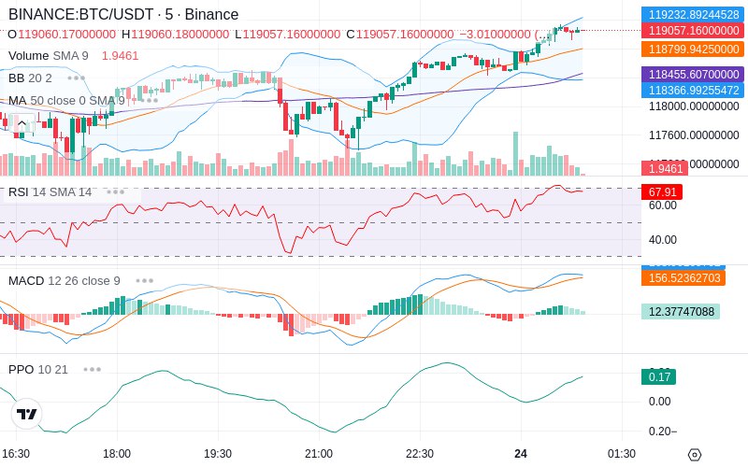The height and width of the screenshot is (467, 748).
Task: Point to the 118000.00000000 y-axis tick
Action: click(694, 106)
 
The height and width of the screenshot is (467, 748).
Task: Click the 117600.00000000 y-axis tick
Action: click(694, 135)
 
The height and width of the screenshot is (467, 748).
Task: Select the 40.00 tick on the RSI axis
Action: click(663, 239)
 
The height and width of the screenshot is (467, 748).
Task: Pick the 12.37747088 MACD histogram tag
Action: click(680, 312)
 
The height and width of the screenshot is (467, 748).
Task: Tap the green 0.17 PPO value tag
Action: click(658, 377)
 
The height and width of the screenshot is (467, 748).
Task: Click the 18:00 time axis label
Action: click(117, 454)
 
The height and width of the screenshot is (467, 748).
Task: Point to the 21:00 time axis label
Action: click(319, 454)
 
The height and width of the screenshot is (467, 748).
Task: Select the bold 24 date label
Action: click(521, 454)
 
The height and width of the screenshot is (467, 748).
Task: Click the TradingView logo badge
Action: click(27, 414)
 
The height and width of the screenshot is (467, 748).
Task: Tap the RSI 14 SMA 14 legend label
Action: click(50, 192)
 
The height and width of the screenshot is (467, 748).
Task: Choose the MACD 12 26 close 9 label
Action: click(64, 280)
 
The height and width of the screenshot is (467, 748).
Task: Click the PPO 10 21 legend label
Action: click(38, 369)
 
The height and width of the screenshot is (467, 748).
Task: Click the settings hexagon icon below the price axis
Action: click(694, 455)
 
